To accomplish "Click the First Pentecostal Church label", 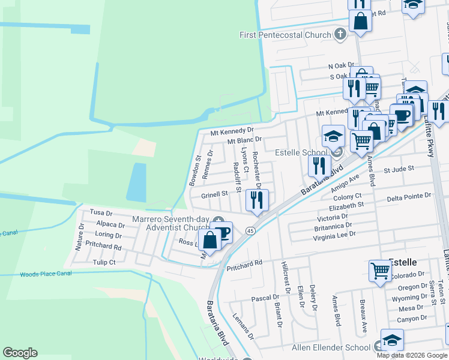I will point(285,35).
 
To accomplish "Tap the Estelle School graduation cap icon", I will point(333,136).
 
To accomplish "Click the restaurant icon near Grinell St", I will point(258,200).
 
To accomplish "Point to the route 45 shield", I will point(250,230).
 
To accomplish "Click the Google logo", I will point(20,353).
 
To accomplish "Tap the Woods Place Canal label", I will point(46,274).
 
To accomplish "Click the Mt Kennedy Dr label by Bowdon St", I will point(232,130).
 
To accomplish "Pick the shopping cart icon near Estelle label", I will point(381,271).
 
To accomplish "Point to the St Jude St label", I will point(399,170).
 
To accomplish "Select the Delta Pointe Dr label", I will point(409,196).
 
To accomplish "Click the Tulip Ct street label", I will point(104,262).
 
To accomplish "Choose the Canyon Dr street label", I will point(412,319).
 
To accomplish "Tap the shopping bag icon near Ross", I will point(210,239).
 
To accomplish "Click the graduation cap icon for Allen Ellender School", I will point(392,340).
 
